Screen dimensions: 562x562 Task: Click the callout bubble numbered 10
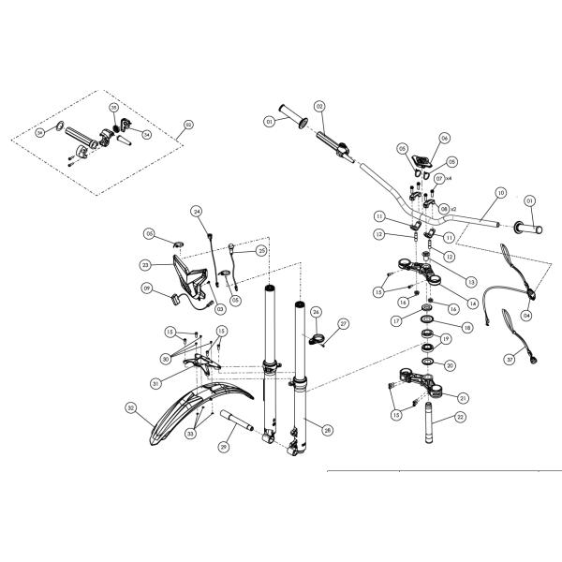click(x=501, y=192)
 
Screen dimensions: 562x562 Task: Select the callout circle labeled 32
click(x=130, y=407)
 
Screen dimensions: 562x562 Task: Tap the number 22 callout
click(x=460, y=419)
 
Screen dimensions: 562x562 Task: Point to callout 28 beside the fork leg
click(x=327, y=430)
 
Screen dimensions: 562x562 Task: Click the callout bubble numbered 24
click(x=197, y=212)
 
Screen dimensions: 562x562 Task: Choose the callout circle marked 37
click(x=510, y=358)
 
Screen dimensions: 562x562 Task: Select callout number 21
click(x=462, y=396)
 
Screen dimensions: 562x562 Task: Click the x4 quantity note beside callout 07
click(x=448, y=178)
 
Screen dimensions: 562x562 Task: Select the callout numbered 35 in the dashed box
click(x=113, y=109)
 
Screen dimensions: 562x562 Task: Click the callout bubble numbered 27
click(x=343, y=324)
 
